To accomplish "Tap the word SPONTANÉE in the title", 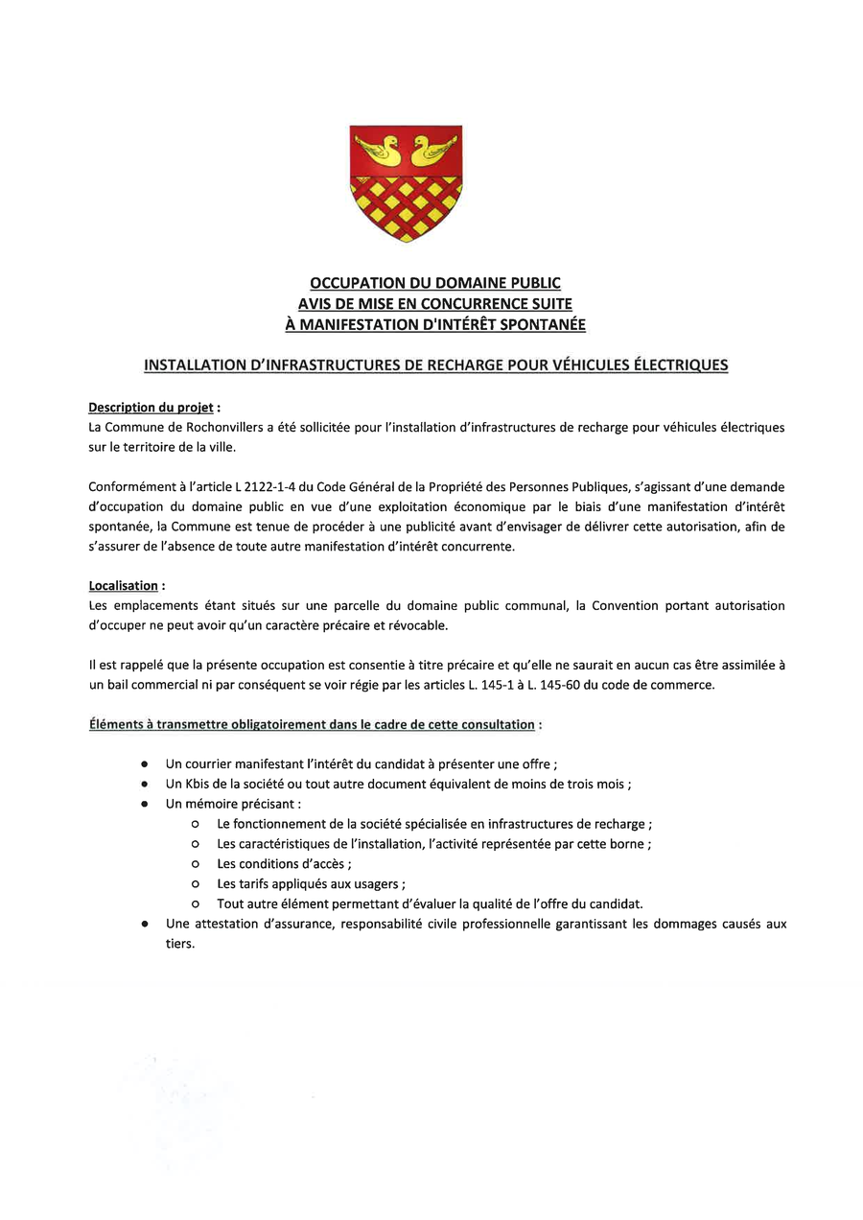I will (x=538, y=325).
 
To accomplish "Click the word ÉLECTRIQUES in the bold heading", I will (x=676, y=365).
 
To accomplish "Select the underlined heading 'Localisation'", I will (x=123, y=586).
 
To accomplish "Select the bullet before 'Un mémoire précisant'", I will (x=144, y=804).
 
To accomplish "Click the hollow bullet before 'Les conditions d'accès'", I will (x=195, y=864).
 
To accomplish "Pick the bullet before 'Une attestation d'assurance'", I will (x=144, y=925).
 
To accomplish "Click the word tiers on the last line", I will (x=179, y=944).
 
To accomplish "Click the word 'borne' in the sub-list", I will (x=629, y=844).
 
